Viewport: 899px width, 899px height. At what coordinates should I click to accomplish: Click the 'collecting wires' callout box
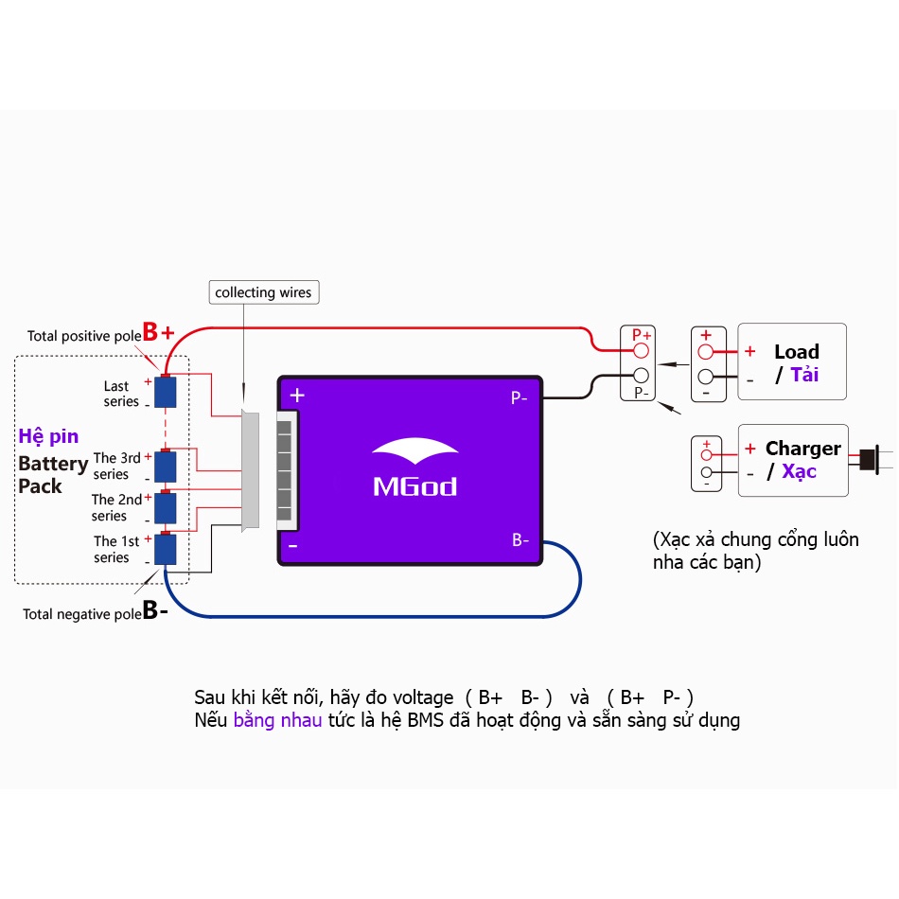263,292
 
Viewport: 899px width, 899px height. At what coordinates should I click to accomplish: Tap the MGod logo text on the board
414,486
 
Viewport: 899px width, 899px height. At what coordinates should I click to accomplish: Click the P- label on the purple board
520,398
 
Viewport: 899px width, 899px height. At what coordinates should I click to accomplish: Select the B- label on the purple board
520,540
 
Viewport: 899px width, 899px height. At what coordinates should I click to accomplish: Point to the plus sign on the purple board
297,396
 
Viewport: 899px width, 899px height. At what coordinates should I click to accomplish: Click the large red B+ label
158,332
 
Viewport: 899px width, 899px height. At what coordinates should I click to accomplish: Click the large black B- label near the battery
155,610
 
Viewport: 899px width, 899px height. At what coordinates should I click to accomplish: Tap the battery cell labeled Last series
167,391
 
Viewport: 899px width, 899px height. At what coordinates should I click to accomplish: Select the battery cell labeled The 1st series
167,549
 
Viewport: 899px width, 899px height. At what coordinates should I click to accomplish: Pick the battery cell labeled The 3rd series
167,465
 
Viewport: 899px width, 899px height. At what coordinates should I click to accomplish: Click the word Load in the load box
796,352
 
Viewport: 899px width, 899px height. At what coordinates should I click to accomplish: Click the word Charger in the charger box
802,449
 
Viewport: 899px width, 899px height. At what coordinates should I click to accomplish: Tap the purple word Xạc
799,471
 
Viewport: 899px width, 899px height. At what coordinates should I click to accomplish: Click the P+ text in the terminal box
642,335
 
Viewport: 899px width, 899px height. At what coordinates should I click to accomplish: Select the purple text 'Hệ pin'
48,436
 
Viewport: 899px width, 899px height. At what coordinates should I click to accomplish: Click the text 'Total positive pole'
82,336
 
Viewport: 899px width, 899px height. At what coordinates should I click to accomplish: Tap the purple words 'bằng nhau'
277,720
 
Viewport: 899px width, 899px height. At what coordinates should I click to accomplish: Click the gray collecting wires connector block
251,470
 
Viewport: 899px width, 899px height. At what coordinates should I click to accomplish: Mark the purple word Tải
804,375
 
